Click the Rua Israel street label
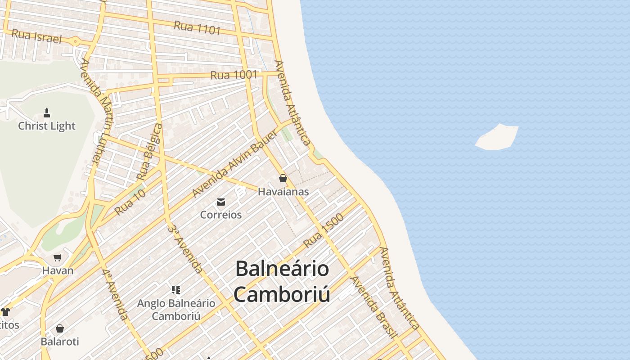tap(36, 36)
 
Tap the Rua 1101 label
tap(197, 27)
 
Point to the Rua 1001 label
tap(234, 75)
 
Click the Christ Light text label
tap(47, 126)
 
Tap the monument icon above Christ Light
tap(47, 112)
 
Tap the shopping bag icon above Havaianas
tap(283, 178)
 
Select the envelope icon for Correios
tap(221, 202)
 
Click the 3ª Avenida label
tap(184, 248)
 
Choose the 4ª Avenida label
tap(115, 295)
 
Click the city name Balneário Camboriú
tap(282, 282)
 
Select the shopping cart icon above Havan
tap(58, 258)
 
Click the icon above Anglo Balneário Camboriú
tap(176, 289)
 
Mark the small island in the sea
tap(497, 137)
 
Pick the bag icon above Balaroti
tap(60, 328)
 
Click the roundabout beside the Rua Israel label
tap(75, 42)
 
